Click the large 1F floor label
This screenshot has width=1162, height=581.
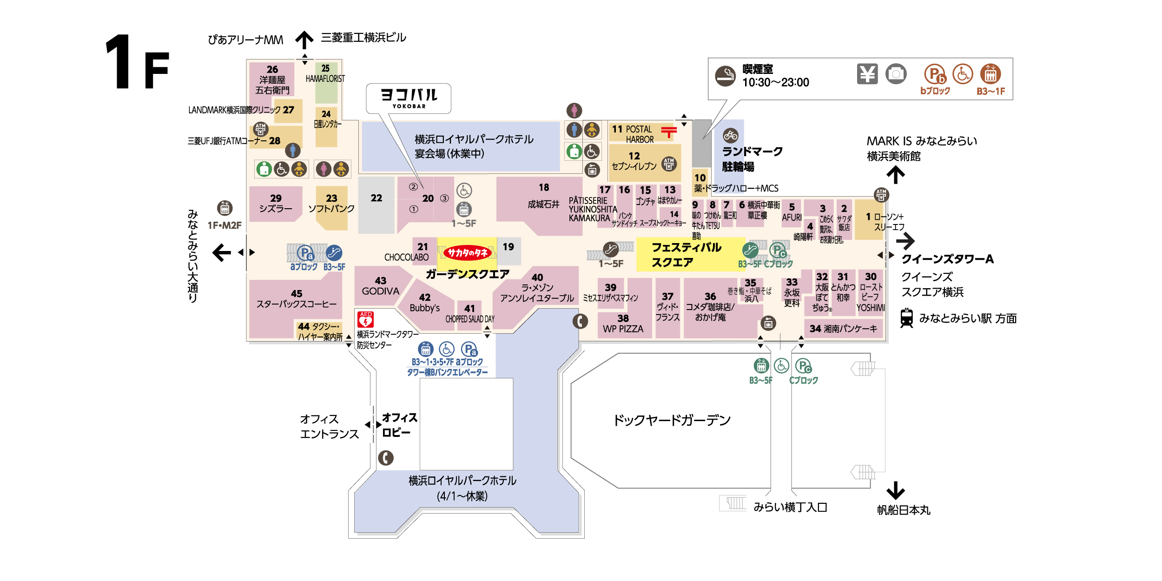[137, 63]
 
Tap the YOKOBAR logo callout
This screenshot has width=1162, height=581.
[409, 98]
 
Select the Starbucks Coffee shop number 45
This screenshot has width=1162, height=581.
[296, 299]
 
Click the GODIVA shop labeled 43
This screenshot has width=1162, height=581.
[380, 286]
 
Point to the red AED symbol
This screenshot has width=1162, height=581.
[365, 320]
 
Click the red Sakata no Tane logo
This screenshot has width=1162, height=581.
[467, 253]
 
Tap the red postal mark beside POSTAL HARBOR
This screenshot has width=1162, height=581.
[668, 132]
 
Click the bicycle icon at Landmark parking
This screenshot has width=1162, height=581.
[730, 135]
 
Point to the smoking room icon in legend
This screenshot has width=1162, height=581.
[725, 76]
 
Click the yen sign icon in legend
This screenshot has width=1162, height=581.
[867, 74]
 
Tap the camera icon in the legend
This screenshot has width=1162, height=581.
[896, 74]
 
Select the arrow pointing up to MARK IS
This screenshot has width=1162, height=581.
[895, 175]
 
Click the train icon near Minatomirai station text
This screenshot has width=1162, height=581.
[906, 318]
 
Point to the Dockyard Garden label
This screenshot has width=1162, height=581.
[672, 420]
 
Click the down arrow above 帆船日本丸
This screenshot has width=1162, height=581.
[895, 490]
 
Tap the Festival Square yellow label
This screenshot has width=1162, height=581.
[686, 255]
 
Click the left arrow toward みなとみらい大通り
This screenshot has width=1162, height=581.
[222, 252]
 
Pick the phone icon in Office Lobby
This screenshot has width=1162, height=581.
[385, 458]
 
